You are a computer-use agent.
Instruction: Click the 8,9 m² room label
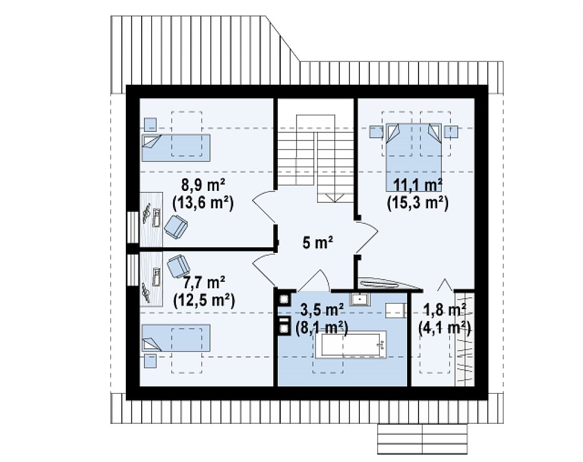pos(203,185)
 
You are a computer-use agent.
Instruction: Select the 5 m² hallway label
pos(318,243)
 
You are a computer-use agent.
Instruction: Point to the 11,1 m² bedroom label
pos(418,185)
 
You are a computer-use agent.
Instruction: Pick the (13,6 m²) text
pos(203,203)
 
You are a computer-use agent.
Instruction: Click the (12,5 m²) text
pos(204,301)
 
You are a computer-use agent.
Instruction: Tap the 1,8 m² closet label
pos(445,310)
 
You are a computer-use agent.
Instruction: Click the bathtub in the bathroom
pos(351,345)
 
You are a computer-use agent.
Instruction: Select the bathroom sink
pos(359,298)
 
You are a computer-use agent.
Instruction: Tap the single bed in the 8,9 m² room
pos(176,148)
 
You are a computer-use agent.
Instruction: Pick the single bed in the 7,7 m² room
pos(176,338)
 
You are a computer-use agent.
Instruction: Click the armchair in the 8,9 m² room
pos(176,226)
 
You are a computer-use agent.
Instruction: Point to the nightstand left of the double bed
pos(376,132)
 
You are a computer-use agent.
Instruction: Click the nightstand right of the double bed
pos(451,132)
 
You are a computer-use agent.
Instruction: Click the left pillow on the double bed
pos(393,132)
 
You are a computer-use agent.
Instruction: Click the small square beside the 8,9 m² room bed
pos(150,124)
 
